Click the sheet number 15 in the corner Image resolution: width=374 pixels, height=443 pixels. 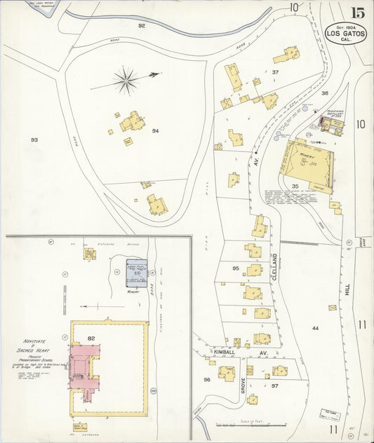point(357,13)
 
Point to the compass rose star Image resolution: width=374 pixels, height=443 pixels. point(126,80)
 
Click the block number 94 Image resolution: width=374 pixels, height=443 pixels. point(155,131)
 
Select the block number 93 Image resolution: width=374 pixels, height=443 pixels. point(34,140)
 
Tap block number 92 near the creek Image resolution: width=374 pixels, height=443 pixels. point(141,25)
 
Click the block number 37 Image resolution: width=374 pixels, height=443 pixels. point(275,72)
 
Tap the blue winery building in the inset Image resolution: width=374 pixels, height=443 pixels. point(136,273)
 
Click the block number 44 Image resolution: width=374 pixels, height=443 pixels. point(315,328)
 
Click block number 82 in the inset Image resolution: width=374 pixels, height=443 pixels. point(91,338)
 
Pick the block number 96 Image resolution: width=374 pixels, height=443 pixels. point(206,379)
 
